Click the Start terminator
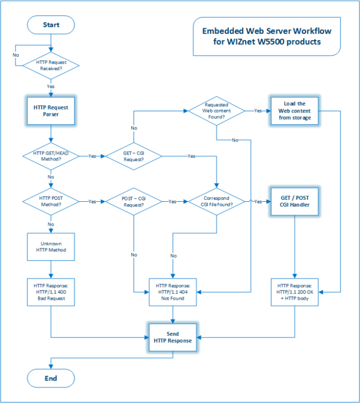click(51, 25)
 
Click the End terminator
click(51, 378)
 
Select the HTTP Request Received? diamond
click(51, 66)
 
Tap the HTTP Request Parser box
click(51, 110)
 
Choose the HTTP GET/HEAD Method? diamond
click(51, 156)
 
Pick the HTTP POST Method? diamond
click(51, 201)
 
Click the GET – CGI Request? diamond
click(134, 156)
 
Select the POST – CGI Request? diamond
click(134, 201)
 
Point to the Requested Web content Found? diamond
click(217, 110)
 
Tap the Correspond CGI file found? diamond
click(217, 201)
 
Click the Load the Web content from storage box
click(294, 110)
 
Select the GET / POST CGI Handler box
click(294, 201)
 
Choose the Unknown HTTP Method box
click(51, 247)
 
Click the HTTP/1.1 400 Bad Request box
click(51, 292)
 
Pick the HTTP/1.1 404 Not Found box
click(173, 292)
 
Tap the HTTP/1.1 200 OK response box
click(294, 292)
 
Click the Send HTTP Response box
click(173, 337)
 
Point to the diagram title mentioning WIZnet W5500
click(266, 36)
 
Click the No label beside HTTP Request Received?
click(16, 54)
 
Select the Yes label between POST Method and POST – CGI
click(92, 201)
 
